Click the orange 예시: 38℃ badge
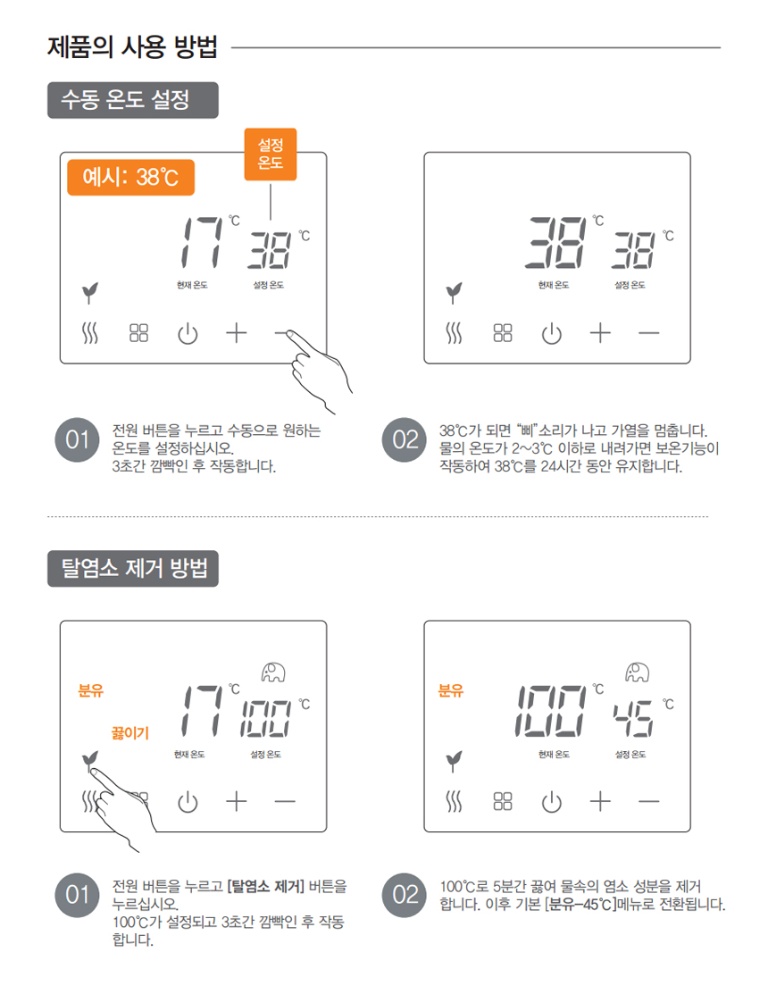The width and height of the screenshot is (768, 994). click(x=130, y=177)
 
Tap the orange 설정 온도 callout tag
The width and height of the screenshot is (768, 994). click(x=271, y=154)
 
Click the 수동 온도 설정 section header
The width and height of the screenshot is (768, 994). click(x=132, y=100)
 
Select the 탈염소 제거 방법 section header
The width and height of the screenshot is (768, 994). click(x=132, y=569)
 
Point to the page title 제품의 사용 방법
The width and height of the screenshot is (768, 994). click(x=132, y=47)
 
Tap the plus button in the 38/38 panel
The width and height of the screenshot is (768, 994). click(x=600, y=333)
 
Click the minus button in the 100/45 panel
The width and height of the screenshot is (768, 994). click(x=649, y=802)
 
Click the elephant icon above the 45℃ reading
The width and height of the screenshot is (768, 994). click(x=637, y=672)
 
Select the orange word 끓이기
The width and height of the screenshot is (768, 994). click(x=129, y=733)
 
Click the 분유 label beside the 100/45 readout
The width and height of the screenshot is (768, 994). click(x=451, y=690)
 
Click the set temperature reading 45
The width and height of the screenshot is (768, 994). click(x=632, y=719)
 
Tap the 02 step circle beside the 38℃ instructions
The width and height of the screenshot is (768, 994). click(x=405, y=440)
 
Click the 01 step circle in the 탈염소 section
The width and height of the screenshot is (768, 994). click(x=78, y=895)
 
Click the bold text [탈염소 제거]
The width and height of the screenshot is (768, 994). click(x=265, y=886)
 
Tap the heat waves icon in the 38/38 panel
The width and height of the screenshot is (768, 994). click(x=454, y=333)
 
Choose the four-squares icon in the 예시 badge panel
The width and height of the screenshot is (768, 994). click(x=138, y=333)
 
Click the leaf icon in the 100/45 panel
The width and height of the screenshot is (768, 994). click(x=453, y=761)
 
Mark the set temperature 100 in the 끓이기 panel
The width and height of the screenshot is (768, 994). click(x=265, y=719)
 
